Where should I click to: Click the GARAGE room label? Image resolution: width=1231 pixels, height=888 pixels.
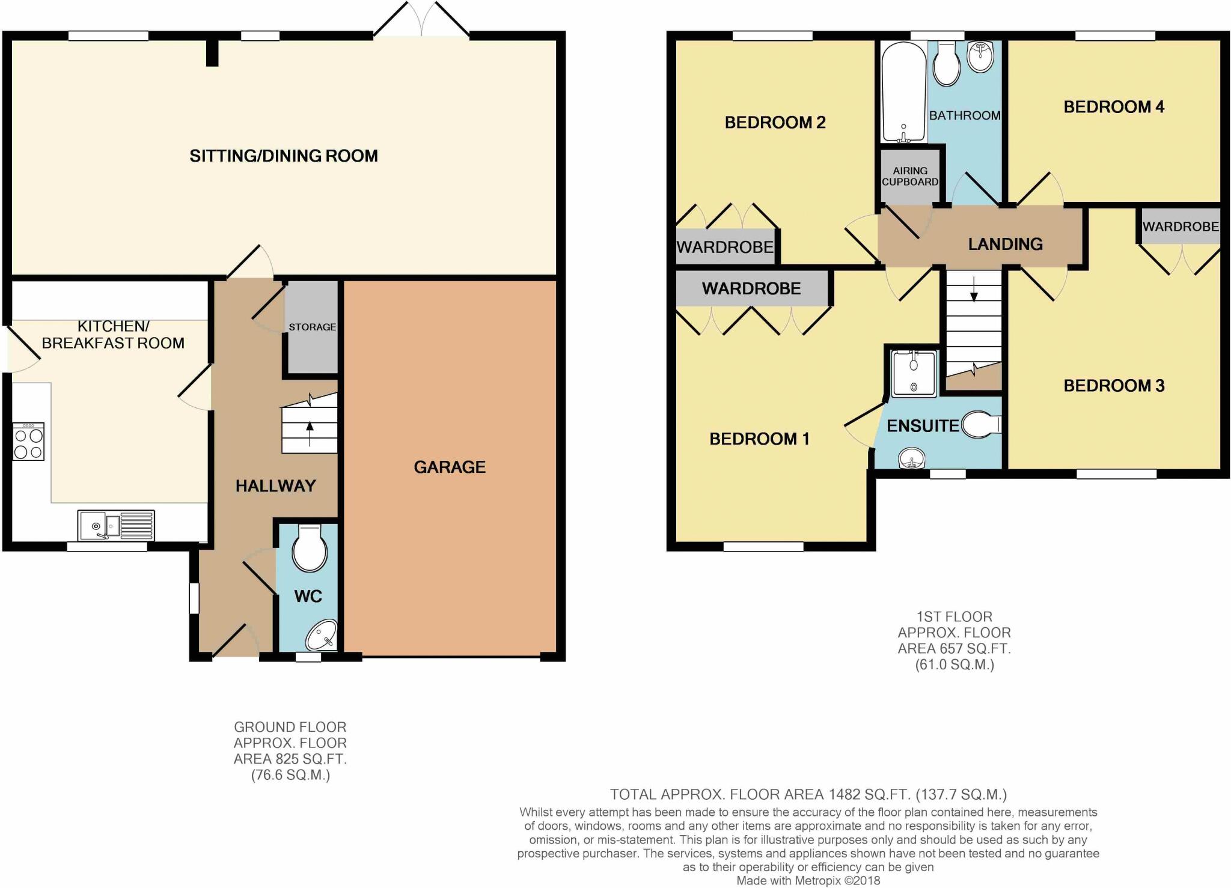450,467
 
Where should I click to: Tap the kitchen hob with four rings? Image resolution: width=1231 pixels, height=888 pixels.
28,442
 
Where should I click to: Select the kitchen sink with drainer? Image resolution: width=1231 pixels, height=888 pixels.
116,525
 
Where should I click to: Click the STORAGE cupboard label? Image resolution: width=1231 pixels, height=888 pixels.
312,327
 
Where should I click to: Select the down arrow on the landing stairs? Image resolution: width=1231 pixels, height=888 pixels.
974,291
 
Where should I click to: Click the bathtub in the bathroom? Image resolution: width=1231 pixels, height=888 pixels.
903,91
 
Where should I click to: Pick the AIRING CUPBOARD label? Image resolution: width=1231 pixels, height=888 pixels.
910,176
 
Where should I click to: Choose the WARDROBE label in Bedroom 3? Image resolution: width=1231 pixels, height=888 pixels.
1181,227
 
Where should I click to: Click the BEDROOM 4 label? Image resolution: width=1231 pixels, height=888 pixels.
1114,107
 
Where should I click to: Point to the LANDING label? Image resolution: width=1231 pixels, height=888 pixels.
1005,244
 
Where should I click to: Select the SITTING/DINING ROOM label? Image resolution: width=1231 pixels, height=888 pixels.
284,156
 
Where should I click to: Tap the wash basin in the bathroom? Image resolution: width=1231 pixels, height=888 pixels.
980,58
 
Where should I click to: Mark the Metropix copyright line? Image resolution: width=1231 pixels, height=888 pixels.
808,881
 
